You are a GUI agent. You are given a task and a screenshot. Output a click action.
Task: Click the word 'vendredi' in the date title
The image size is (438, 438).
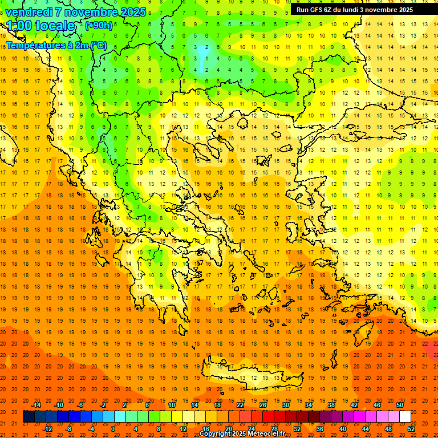[30, 12]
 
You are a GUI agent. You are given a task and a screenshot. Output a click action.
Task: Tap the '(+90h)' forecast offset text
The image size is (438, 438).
[99, 25]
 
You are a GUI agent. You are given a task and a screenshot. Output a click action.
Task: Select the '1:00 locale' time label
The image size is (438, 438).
[40, 26]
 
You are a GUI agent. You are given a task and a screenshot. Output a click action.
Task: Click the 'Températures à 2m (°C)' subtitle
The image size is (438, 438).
[56, 45]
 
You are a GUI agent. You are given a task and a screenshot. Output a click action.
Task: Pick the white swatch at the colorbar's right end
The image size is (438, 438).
[405, 417]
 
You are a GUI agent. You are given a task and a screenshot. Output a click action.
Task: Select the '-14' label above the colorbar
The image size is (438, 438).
[36, 405]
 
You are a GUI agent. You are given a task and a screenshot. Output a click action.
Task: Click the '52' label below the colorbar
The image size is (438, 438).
[412, 428]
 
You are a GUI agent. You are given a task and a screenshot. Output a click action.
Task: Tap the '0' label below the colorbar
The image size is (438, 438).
[113, 428]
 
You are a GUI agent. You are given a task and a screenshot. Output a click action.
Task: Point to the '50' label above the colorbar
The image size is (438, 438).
[400, 405]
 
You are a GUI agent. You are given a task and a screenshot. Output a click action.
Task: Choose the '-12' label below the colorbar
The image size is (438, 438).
[47, 428]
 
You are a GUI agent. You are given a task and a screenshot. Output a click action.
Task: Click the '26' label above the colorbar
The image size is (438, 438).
[263, 405]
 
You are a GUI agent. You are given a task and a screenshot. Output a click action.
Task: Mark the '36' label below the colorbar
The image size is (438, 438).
[320, 428]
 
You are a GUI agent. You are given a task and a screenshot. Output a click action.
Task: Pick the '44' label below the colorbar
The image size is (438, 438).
[366, 428]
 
